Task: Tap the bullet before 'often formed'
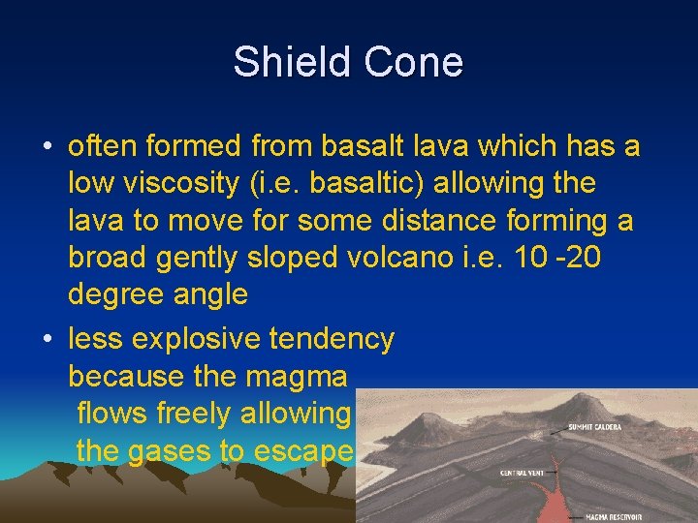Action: pyautogui.click(x=48, y=147)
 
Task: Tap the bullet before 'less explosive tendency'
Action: pyautogui.click(x=48, y=340)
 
